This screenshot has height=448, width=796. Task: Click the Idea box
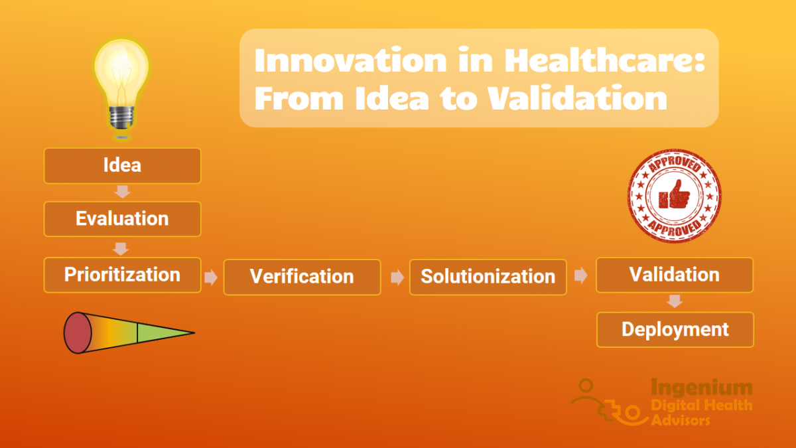[x=122, y=165]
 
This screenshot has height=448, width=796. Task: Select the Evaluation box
[x=122, y=219]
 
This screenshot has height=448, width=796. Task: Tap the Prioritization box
[x=122, y=275]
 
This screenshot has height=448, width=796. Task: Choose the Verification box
[x=302, y=277]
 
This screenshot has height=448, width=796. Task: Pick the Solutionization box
[x=488, y=277]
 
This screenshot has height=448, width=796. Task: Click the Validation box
[x=674, y=275]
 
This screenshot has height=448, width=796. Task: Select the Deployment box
[x=675, y=330]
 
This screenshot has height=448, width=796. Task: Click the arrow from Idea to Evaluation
[x=122, y=192]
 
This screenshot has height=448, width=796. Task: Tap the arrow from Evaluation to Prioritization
[x=121, y=249]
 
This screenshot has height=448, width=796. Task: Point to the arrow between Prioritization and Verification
[x=211, y=277]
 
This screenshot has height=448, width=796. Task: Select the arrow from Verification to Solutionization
[x=397, y=277]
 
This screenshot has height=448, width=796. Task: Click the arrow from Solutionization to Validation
[x=581, y=276]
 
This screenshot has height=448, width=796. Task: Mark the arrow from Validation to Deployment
[x=675, y=301]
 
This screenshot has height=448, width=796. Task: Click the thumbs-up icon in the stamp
[x=673, y=196]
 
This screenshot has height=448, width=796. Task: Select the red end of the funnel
[x=77, y=332]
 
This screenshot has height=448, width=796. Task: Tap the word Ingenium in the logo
[x=701, y=387]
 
